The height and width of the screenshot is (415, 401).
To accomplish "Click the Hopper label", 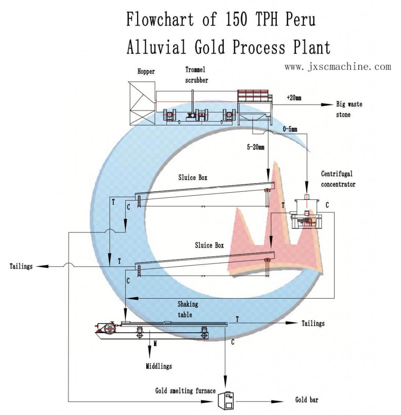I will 146,72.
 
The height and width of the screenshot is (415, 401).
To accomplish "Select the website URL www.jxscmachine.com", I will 338,66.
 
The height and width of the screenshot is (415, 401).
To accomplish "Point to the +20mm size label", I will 294,98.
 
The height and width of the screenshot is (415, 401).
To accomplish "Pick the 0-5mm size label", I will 289,130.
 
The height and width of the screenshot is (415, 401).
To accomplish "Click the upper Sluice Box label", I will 193,178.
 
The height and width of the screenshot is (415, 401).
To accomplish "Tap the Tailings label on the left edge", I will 21,267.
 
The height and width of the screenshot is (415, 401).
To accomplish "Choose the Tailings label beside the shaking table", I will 313,323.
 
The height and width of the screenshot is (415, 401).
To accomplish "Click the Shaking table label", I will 187,309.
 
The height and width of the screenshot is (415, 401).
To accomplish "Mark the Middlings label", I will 159,366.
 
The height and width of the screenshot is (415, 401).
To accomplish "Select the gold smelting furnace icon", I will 226,401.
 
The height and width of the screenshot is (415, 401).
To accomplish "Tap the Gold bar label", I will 307,400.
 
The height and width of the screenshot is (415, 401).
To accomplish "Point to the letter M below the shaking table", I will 155,343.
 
